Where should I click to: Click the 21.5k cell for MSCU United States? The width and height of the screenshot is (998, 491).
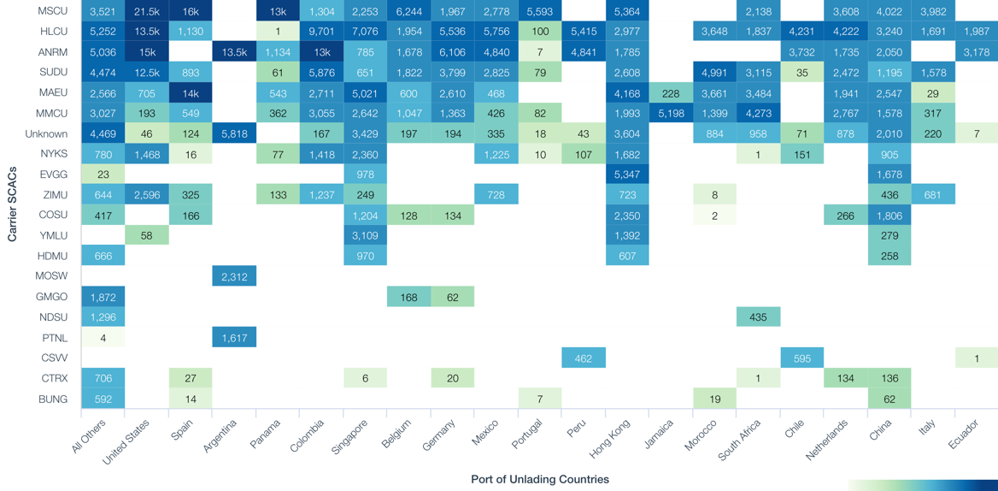click(x=147, y=11)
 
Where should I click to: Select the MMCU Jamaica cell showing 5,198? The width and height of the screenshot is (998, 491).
click(x=671, y=113)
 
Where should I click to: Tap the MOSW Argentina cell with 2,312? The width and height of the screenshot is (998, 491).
click(x=234, y=276)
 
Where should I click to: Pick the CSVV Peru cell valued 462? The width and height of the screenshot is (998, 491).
click(x=584, y=358)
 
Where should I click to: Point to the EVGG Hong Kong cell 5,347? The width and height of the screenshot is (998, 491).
click(x=627, y=175)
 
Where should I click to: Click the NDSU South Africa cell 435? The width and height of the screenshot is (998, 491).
click(x=758, y=317)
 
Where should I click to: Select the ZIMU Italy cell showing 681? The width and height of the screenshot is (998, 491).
click(x=932, y=195)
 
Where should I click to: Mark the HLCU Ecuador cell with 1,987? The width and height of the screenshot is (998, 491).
click(x=977, y=32)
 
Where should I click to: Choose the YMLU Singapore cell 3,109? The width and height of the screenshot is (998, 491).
click(x=365, y=235)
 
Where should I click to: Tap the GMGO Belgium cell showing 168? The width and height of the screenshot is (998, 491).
click(x=409, y=297)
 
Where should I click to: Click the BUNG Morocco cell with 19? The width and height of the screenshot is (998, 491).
click(x=714, y=399)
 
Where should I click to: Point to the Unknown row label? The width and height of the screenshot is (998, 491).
click(x=46, y=133)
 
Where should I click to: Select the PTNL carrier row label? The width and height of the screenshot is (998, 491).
click(x=53, y=338)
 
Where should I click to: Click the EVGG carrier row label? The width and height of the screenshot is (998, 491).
click(x=53, y=175)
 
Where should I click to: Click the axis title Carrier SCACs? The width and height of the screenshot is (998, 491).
click(x=12, y=204)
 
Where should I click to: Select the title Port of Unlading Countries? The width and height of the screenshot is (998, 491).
click(x=540, y=479)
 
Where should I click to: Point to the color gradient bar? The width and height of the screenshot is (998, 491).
click(x=923, y=485)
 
